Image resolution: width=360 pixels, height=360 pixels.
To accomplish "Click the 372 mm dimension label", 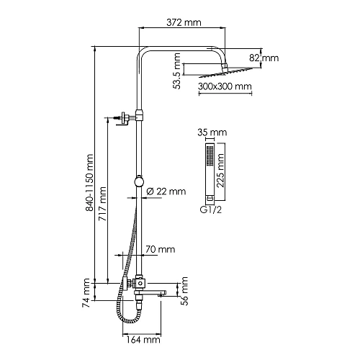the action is [x=184, y=22].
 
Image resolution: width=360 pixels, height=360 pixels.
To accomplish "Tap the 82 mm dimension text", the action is [x=264, y=58].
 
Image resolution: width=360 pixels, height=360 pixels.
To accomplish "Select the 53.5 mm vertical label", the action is [x=177, y=71].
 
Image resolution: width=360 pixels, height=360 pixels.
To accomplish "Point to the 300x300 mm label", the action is [x=225, y=86].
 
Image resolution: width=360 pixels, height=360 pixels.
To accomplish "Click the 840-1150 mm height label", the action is [x=89, y=183].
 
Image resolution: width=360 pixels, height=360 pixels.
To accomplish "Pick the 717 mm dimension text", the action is [x=103, y=204].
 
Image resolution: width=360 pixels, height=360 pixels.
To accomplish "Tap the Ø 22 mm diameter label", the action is [x=166, y=192].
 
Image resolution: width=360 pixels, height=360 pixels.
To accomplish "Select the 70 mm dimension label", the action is [x=161, y=249].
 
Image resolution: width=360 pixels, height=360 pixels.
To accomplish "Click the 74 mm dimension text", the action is [x=86, y=293].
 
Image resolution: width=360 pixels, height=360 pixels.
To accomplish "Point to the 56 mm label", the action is [x=184, y=291].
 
